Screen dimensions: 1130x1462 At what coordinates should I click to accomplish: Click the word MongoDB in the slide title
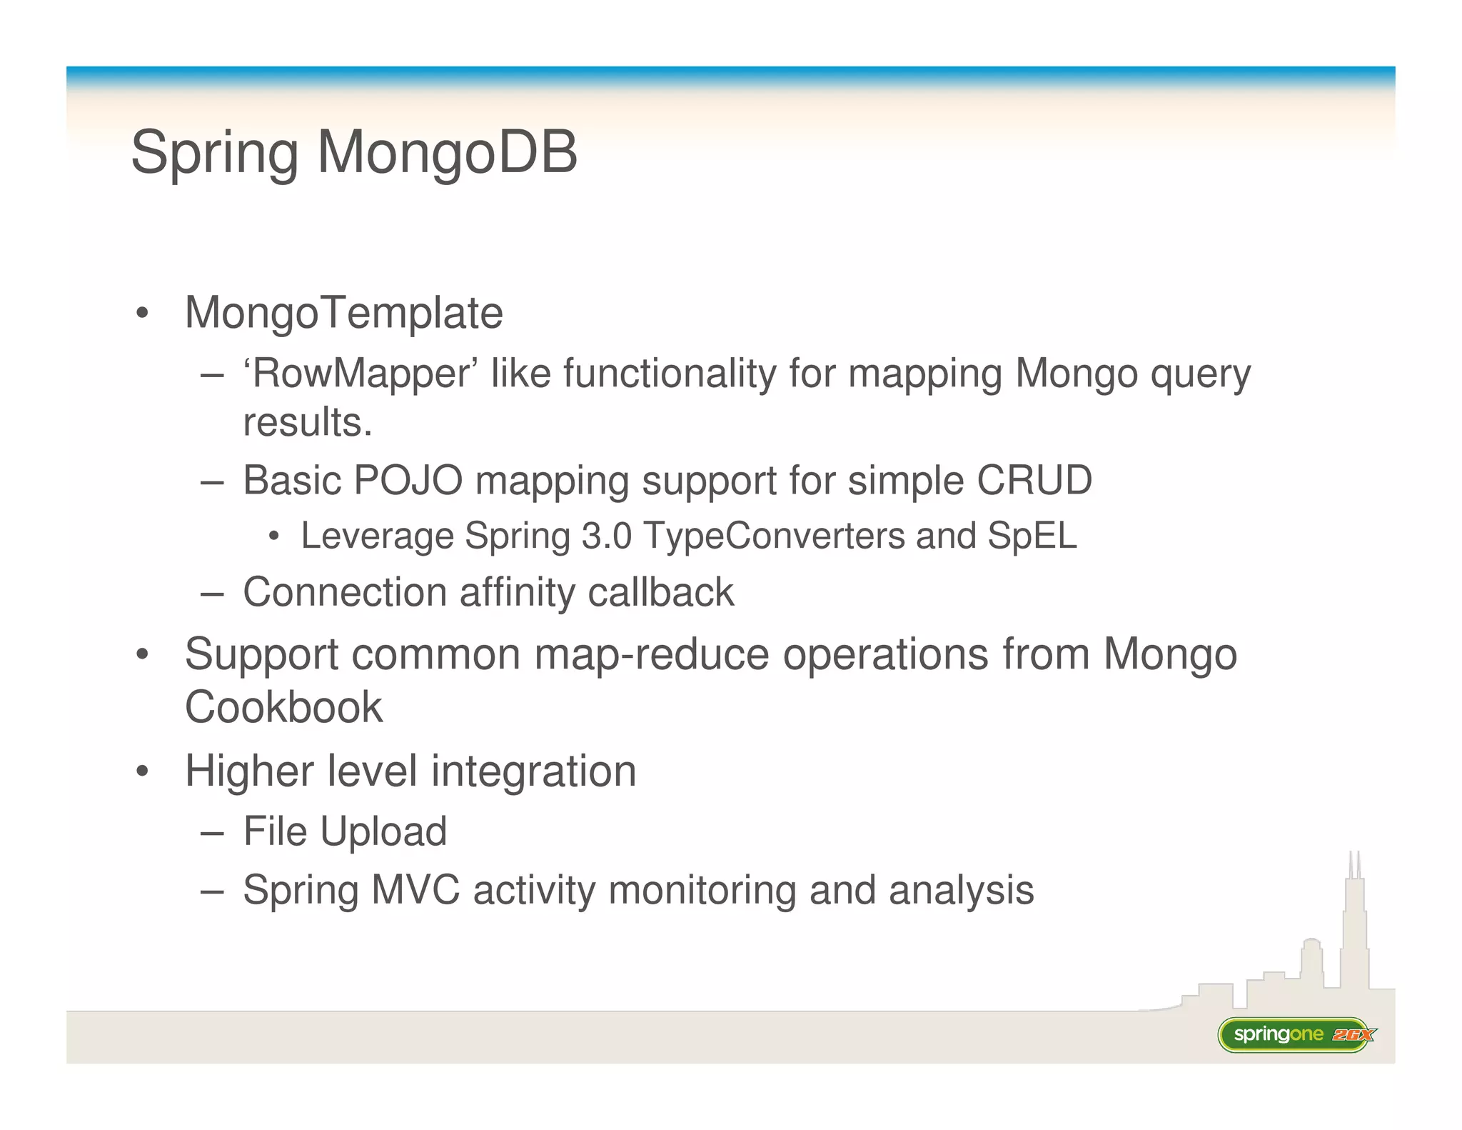click(x=447, y=152)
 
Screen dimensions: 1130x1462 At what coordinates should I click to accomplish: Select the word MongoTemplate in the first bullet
click(x=343, y=313)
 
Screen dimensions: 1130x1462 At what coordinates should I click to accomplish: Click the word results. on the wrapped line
click(x=308, y=422)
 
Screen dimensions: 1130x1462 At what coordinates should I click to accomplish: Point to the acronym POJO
click(x=408, y=480)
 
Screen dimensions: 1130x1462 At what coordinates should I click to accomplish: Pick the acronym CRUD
click(x=1034, y=480)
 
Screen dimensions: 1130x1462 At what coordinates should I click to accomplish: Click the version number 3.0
click(x=606, y=536)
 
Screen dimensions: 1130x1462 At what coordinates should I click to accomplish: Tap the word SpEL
click(x=1032, y=536)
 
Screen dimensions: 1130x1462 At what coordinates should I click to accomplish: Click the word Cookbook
click(x=283, y=707)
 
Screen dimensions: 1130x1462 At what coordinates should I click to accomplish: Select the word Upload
click(x=383, y=831)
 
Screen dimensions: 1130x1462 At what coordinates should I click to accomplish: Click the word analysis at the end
click(x=961, y=890)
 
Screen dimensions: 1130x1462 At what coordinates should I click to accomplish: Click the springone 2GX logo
click(x=1296, y=1034)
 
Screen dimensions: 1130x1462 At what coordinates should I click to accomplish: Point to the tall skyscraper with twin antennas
click(x=1353, y=929)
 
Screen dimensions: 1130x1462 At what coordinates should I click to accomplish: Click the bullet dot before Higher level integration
click(x=143, y=772)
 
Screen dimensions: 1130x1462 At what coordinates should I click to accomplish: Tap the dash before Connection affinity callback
click(x=212, y=593)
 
